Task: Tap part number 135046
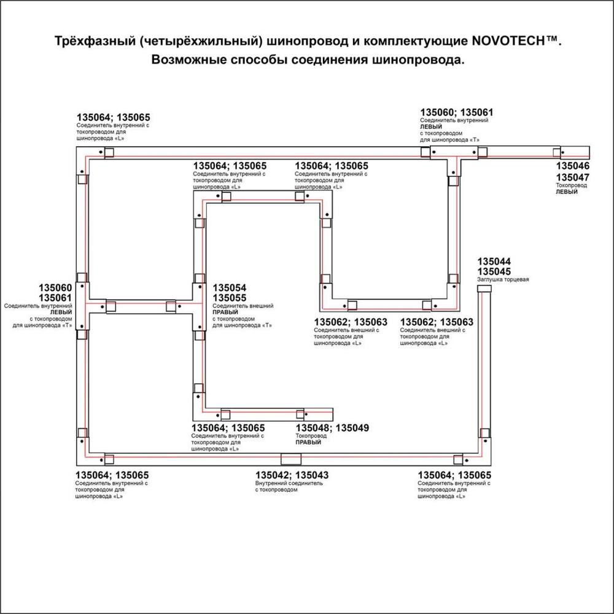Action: point(573,166)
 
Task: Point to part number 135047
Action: point(573,177)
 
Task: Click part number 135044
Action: point(494,262)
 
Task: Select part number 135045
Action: point(494,271)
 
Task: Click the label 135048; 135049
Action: point(332,428)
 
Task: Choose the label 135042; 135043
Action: point(292,475)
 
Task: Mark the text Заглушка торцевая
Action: point(503,280)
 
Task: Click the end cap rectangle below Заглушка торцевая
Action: point(485,289)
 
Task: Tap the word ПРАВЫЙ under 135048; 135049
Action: point(308,442)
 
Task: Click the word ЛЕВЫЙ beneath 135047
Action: point(567,192)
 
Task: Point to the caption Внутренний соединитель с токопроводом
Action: point(289,487)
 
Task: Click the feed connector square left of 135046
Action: point(558,152)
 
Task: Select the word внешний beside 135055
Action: point(261,306)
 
